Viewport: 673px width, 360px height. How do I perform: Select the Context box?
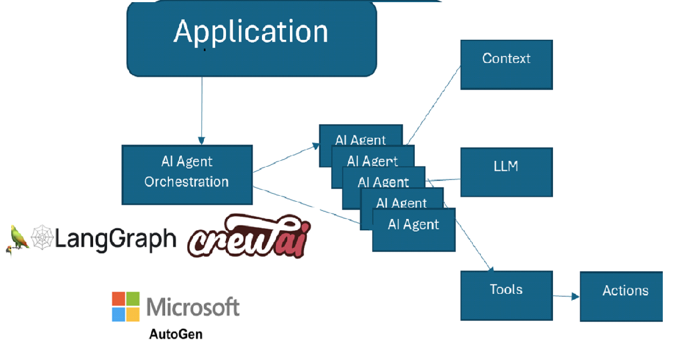point(506,64)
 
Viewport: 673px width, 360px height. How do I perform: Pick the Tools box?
point(506,295)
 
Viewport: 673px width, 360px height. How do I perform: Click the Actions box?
point(624,296)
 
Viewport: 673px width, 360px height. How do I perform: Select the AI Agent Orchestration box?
point(187,174)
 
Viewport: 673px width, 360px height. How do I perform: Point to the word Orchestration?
point(187,182)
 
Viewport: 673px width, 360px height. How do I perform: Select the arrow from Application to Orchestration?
point(202,110)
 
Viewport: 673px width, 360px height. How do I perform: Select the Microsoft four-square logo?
point(125,307)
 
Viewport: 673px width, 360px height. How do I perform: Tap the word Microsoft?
point(193,307)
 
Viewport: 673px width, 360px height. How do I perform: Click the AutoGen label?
point(175,334)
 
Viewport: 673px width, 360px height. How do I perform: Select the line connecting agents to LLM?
point(443,180)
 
